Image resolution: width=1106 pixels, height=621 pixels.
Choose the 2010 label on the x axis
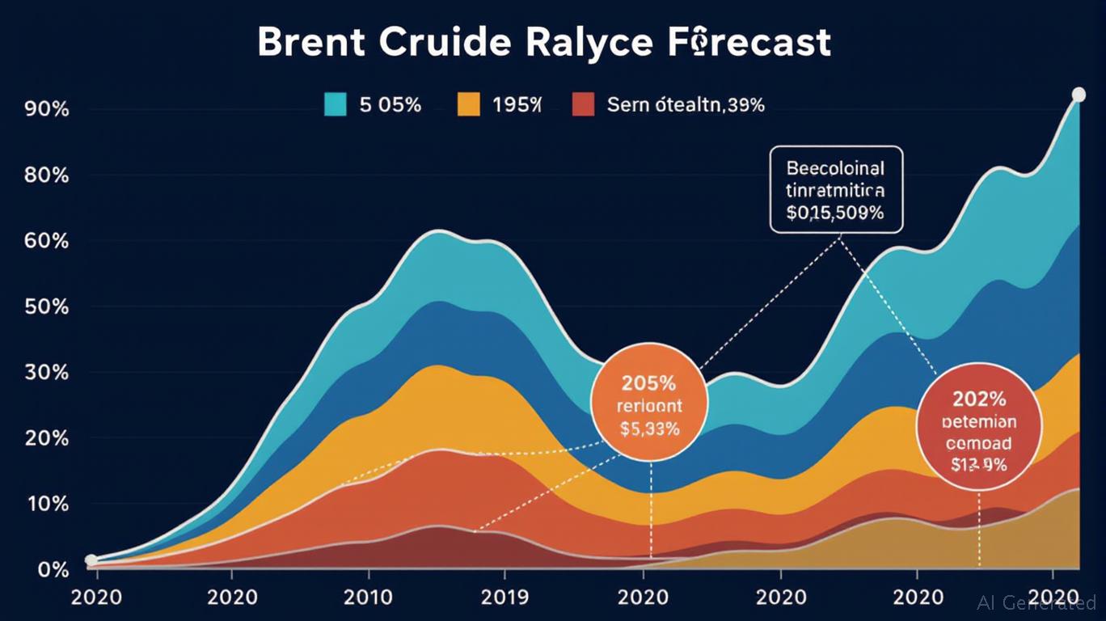tap(369, 598)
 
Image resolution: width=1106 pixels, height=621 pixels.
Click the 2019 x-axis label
tap(505, 598)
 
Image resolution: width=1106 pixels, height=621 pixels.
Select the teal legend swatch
tap(335, 104)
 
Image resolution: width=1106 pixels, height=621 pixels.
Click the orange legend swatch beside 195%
tap(468, 104)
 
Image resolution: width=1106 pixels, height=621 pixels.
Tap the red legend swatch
tap(584, 104)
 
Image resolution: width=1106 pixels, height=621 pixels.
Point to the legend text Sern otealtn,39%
tap(685, 104)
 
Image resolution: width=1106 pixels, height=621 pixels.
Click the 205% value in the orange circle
tap(649, 382)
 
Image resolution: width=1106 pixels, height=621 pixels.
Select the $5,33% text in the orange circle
tap(649, 429)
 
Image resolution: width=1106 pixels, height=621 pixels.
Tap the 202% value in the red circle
tap(979, 398)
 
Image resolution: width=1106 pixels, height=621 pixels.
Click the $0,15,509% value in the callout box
tap(835, 213)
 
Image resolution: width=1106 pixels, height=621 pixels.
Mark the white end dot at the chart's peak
tap(1079, 95)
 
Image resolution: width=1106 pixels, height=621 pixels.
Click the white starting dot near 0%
tap(91, 560)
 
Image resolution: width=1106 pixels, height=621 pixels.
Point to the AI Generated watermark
tap(1036, 602)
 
